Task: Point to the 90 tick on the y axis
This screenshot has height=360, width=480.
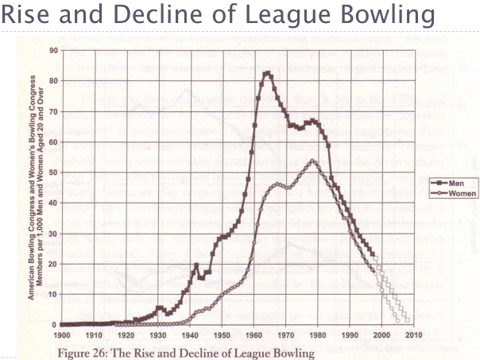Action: (x=54, y=50)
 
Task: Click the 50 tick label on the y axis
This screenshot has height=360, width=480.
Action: (x=54, y=172)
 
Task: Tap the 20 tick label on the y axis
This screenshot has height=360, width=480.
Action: (x=54, y=263)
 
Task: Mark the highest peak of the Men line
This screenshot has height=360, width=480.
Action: (x=267, y=73)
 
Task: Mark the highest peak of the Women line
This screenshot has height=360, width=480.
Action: (x=313, y=161)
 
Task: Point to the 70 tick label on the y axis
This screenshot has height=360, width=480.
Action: (x=54, y=110)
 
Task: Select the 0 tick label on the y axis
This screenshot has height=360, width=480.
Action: (x=56, y=324)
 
